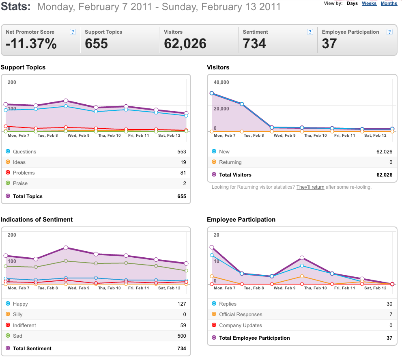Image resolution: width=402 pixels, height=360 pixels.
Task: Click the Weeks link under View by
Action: (369, 3)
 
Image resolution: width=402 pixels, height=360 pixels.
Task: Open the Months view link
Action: (389, 3)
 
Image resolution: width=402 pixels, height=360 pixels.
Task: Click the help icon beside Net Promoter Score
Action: (73, 32)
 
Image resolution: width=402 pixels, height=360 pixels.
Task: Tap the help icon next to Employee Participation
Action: (389, 32)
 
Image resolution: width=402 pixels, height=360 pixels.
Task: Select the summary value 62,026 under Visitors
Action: (185, 43)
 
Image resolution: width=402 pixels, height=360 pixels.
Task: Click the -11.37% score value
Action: (31, 43)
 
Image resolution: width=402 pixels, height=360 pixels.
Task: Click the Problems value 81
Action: (183, 172)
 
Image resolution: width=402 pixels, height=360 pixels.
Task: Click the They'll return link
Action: (310, 187)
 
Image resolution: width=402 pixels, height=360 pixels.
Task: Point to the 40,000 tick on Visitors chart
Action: (221, 82)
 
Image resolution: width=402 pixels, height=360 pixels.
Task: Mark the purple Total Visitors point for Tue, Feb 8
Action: (242, 104)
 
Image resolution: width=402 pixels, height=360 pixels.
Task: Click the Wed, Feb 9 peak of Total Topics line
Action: (66, 101)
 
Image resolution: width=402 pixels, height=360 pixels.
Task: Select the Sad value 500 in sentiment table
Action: (182, 336)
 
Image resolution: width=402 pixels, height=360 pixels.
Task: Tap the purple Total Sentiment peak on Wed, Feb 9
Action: (66, 248)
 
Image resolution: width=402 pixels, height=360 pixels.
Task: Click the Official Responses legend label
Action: (241, 314)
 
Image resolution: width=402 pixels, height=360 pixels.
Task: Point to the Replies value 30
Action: (389, 304)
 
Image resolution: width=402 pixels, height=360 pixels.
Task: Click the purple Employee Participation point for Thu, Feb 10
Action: (302, 258)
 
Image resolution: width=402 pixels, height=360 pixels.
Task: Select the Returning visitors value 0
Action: (391, 162)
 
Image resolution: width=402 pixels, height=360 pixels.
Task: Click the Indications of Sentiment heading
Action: (37, 220)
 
